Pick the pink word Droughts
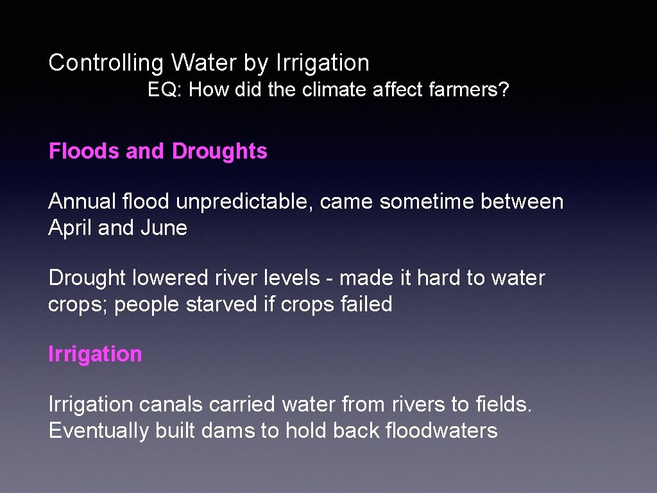pos(219,151)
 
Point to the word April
pos(70,228)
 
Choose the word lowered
pos(169,278)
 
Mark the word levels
pos(289,278)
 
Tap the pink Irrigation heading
pos(95,354)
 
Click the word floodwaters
pos(441,430)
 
